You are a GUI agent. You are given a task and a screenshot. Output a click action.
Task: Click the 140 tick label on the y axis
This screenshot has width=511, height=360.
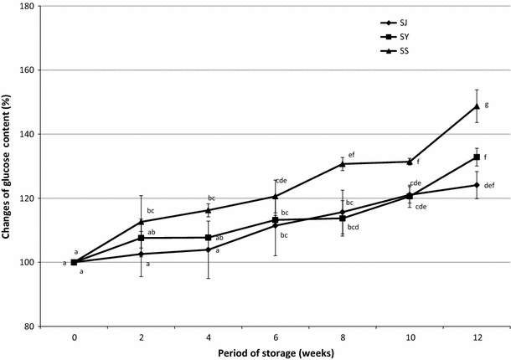34,134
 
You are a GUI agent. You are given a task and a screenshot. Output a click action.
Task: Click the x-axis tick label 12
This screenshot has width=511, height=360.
476,337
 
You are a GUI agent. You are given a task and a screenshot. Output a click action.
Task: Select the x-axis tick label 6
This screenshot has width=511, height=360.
275,337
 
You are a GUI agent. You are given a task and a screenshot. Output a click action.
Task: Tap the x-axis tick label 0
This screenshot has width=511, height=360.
75,337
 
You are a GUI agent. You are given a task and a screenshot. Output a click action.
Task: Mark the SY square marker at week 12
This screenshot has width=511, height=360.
476,157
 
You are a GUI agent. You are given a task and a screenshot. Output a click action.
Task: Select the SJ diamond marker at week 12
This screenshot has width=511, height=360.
476,185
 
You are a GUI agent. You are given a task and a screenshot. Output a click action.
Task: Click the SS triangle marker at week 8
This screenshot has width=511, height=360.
342,164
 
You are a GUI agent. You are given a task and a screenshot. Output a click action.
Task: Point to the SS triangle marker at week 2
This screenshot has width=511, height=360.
142,221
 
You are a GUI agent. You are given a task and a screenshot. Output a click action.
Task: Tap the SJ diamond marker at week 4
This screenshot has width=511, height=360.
209,249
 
